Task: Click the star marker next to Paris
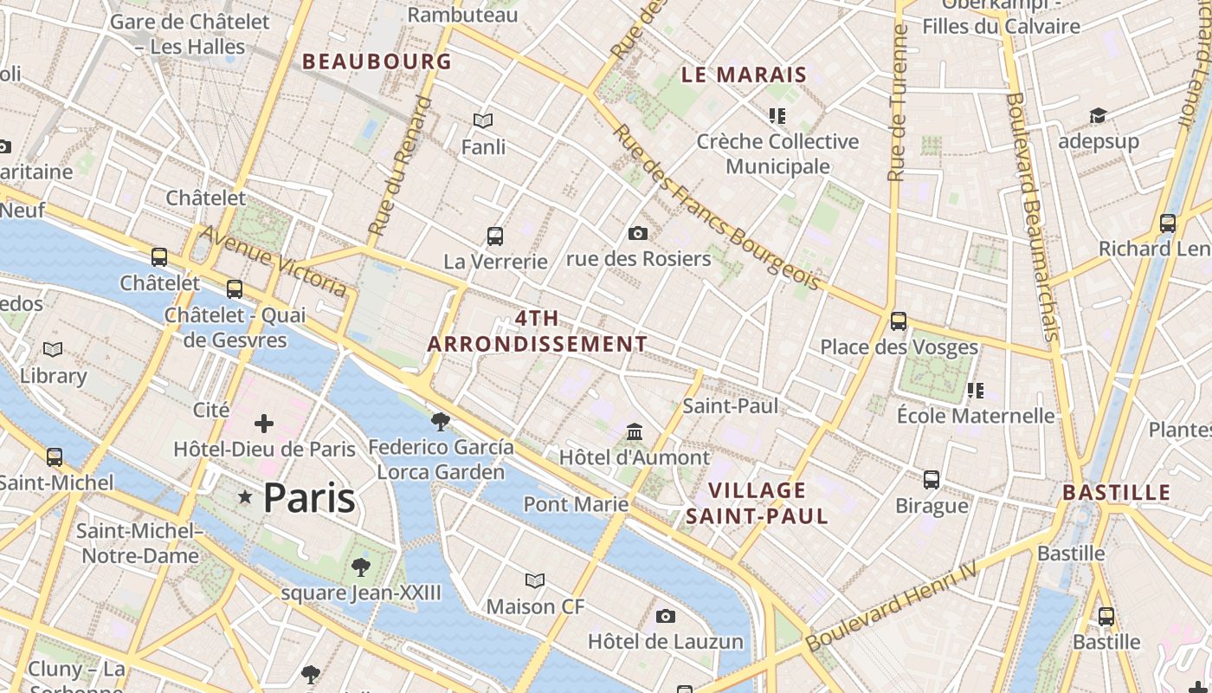246,497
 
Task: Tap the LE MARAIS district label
744,74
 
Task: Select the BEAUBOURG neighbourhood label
377,62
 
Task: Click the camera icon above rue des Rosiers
638,233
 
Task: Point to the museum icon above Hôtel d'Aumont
635,431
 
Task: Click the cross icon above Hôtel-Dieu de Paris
264,424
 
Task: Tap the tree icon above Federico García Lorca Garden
440,422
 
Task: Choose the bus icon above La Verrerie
495,236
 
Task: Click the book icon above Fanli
483,121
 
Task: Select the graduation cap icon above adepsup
1098,115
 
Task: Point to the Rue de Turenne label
898,104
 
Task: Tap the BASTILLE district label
1116,493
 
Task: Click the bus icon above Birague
932,479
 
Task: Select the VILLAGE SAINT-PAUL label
757,503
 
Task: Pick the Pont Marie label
576,504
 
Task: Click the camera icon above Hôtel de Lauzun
665,616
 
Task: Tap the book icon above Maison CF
535,580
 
